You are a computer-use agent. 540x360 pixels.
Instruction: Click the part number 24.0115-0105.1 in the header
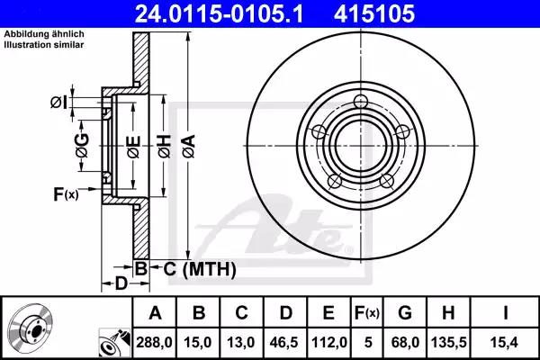219,13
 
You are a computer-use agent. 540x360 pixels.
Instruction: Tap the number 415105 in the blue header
374,13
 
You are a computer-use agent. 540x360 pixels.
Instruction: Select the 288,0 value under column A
154,342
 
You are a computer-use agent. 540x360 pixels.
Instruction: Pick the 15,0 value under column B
198,342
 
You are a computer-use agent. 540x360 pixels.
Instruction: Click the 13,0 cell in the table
241,342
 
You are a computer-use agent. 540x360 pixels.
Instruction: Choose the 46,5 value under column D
284,342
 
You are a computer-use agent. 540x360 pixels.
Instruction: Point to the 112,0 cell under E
329,342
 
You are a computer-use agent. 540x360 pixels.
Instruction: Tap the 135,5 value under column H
449,342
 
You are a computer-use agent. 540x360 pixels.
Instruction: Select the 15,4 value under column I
505,342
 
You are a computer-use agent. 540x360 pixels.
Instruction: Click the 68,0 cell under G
405,342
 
